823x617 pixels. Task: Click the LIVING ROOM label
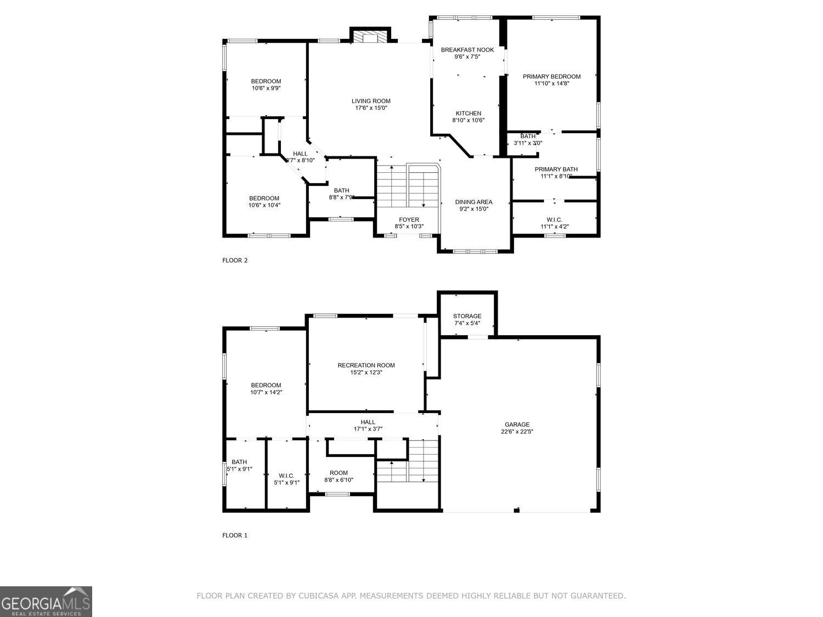tap(371, 101)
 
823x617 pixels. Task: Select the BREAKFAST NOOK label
tap(467, 50)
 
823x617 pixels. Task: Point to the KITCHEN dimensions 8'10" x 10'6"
tap(468, 120)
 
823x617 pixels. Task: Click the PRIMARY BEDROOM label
tap(551, 77)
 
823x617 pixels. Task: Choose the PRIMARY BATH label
tap(556, 169)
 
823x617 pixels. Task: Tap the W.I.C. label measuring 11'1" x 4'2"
tap(554, 219)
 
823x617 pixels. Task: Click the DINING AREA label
tap(473, 202)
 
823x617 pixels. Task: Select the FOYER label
tap(409, 220)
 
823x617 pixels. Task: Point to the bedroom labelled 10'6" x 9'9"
tap(266, 84)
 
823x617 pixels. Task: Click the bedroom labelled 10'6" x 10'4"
tap(264, 202)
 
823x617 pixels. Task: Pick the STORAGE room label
tap(467, 316)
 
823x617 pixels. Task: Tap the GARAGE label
tap(517, 424)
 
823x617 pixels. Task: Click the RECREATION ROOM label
tap(366, 365)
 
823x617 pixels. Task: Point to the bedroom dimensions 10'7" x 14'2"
tap(266, 392)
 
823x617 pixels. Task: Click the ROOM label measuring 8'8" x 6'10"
tap(339, 473)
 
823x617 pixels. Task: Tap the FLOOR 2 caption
tap(235, 261)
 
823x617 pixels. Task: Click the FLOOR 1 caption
tap(235, 535)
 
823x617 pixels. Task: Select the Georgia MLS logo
tap(46, 602)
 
